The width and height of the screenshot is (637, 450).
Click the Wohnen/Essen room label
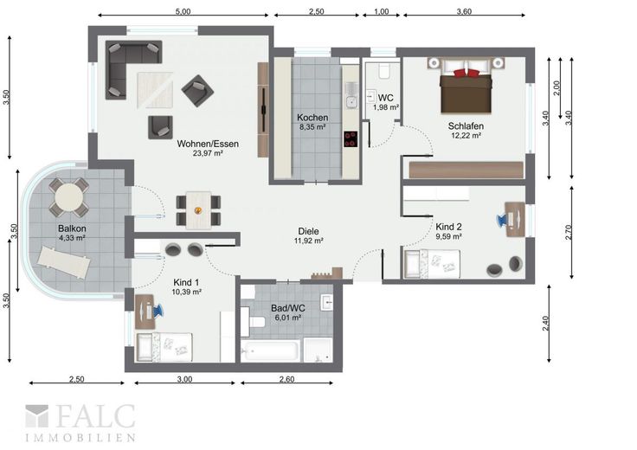[x=208, y=144]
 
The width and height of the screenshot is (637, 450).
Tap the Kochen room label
[x=312, y=118]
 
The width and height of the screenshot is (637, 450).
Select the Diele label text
[x=308, y=231]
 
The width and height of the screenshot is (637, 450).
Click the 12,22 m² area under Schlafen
[x=466, y=135]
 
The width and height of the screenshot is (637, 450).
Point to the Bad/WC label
[x=288, y=308]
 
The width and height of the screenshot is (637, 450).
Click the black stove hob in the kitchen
[x=351, y=139]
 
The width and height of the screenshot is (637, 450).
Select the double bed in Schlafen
[x=466, y=87]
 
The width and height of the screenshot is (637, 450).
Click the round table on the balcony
[x=69, y=197]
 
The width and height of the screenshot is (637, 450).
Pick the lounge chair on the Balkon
[x=64, y=262]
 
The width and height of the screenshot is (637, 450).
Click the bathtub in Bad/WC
[x=270, y=350]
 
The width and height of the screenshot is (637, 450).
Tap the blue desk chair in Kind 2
[x=502, y=220]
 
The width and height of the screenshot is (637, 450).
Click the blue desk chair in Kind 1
[x=158, y=311]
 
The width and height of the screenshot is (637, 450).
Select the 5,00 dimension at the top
[x=183, y=11]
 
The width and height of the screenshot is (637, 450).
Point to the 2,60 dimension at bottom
[x=286, y=379]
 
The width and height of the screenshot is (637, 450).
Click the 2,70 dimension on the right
[x=569, y=232]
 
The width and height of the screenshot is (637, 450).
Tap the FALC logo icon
[x=36, y=416]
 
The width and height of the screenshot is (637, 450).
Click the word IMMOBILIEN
[x=80, y=438]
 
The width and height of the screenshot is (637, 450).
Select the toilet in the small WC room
[x=384, y=71]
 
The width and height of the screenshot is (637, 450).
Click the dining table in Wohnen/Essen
[x=198, y=210]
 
